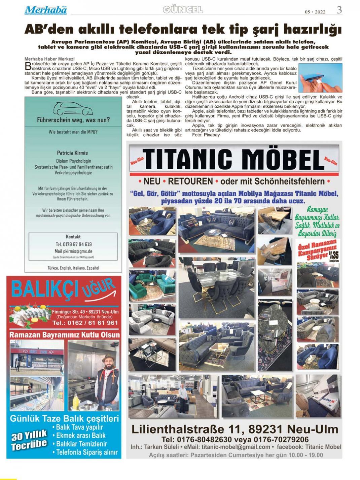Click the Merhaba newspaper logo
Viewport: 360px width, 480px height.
[x=46, y=10]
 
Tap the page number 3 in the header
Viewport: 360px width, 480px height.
[x=339, y=10]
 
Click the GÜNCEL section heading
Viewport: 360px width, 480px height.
[x=183, y=10]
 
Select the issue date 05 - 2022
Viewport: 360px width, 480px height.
[x=315, y=12]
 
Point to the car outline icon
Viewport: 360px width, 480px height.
[x=73, y=108]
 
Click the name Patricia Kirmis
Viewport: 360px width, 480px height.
[x=72, y=153]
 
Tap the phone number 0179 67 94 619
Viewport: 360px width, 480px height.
[x=74, y=244]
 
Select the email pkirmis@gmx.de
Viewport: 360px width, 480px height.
[x=74, y=251]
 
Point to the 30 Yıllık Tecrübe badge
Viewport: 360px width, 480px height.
[x=29, y=441]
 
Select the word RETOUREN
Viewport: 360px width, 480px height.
[x=190, y=181]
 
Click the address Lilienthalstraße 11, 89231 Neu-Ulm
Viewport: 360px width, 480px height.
[x=235, y=430]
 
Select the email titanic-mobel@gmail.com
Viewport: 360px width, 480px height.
[x=236, y=447]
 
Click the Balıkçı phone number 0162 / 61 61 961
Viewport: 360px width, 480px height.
[x=85, y=323]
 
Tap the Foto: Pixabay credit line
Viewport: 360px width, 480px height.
[x=206, y=135]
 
